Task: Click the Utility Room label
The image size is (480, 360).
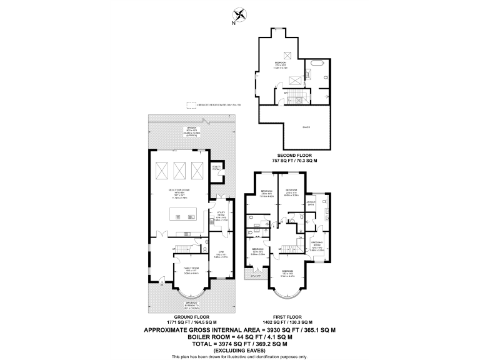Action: pos(221,218)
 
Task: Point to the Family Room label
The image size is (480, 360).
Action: pos(191,269)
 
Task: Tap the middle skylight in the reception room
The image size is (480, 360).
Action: pos(181,169)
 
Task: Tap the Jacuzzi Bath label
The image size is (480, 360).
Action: pos(311,203)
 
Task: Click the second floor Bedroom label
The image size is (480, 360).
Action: pos(281,62)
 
